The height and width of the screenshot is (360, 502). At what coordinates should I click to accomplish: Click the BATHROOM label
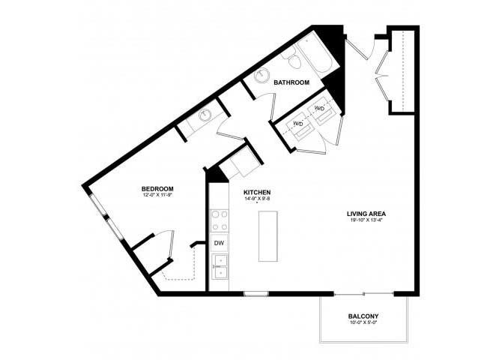pyautogui.click(x=291, y=82)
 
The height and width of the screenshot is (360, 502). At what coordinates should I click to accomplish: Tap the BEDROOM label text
pyautogui.click(x=158, y=188)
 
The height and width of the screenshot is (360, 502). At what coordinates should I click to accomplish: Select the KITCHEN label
pyautogui.click(x=256, y=192)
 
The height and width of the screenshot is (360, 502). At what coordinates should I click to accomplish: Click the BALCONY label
pyautogui.click(x=363, y=316)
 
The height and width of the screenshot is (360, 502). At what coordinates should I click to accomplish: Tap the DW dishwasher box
pyautogui.click(x=219, y=244)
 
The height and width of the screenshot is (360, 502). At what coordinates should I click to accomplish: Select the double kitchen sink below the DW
pyautogui.click(x=219, y=266)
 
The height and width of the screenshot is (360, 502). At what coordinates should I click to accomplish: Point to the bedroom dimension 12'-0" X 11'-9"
pyautogui.click(x=158, y=196)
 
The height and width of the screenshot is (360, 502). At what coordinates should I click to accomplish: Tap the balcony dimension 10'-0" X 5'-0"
pyautogui.click(x=363, y=324)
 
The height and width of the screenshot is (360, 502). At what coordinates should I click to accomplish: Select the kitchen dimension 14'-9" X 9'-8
pyautogui.click(x=256, y=199)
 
